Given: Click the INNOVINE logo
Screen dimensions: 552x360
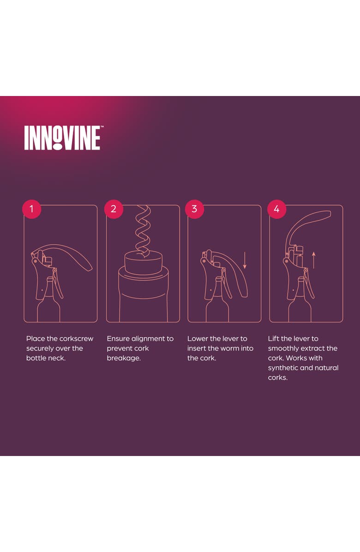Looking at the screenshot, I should (x=62, y=138).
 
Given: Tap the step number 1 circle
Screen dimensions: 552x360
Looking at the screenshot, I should (x=31, y=209).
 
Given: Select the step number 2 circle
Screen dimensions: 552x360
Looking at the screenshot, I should (x=114, y=209).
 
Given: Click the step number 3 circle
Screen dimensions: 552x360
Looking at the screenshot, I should (x=194, y=209).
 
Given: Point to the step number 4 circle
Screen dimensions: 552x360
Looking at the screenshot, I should (x=276, y=209).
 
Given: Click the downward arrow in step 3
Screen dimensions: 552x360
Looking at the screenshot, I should (x=245, y=260).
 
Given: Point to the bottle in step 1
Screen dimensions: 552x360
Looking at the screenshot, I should (x=48, y=307).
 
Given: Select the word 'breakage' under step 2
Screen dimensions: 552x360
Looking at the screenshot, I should (x=122, y=358).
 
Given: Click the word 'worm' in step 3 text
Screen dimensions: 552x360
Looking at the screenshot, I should (x=228, y=348).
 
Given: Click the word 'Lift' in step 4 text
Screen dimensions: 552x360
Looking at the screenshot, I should (x=273, y=339).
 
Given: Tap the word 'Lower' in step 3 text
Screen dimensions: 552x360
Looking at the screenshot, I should (x=198, y=339).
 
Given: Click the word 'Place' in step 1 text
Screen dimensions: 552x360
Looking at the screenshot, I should (x=35, y=339).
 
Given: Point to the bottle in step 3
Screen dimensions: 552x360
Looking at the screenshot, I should (x=216, y=307).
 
